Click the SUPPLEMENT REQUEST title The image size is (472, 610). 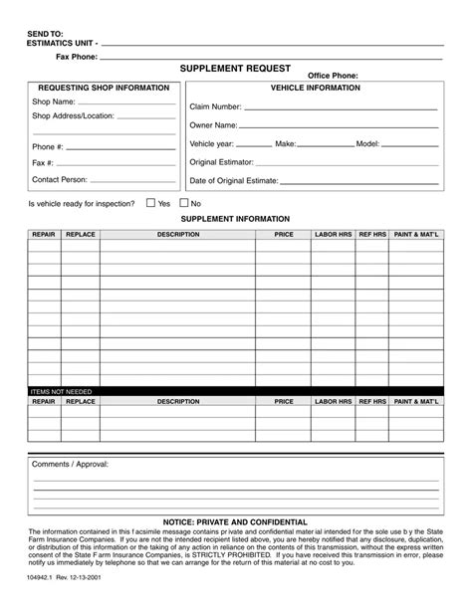pos(235,69)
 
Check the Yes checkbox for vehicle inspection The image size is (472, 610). pos(151,203)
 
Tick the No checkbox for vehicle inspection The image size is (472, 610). pos(184,203)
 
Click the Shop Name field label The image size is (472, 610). pos(54,102)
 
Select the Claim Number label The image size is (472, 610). pos(215,106)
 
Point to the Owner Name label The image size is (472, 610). pos(213,125)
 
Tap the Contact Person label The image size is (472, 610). pos(60,180)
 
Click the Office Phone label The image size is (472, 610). pos(333,76)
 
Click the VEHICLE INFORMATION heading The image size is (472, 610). pos(315,88)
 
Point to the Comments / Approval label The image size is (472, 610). pos(70,464)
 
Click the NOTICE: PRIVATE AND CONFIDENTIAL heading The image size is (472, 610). pos(235,522)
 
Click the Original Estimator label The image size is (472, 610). pos(221,162)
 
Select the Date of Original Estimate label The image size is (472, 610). pos(233,181)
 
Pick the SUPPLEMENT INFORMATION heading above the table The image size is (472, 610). pos(235,219)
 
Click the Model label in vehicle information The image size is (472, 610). pos(367,143)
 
